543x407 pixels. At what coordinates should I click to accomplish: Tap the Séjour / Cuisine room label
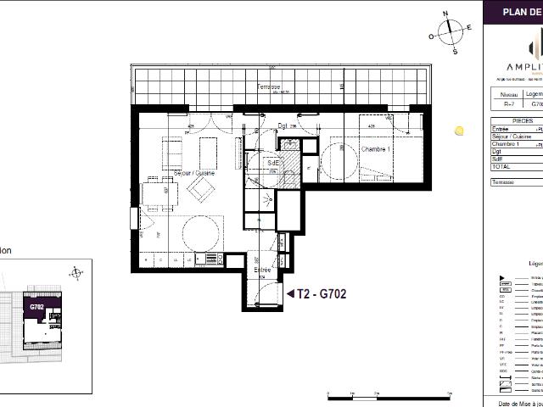point(193,173)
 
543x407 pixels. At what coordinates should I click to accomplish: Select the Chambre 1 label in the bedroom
point(375,148)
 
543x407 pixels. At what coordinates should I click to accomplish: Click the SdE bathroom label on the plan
point(273,162)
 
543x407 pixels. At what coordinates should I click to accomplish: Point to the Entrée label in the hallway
point(262,269)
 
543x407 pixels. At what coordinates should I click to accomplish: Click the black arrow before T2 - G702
point(290,294)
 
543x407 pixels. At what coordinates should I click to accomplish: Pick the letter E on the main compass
point(469,28)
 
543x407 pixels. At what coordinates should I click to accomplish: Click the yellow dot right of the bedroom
point(459,131)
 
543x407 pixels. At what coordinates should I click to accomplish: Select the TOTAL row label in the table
point(501,167)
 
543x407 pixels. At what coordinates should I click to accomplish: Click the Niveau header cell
point(507,95)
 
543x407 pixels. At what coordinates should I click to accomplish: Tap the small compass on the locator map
point(76,272)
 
